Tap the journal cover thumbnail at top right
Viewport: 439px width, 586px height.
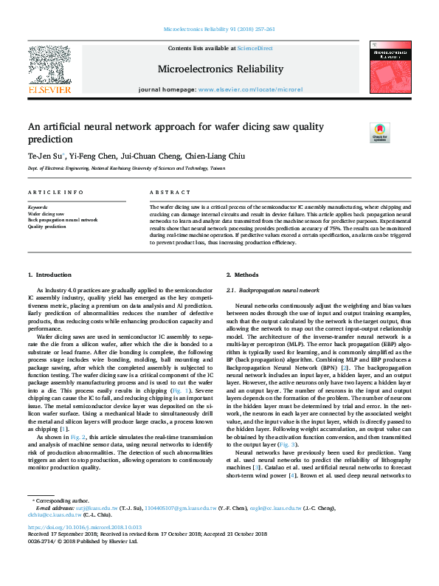[x=390, y=66]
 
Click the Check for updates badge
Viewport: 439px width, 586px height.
[x=379, y=132]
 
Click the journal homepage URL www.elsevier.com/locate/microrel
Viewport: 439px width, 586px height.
[x=251, y=89]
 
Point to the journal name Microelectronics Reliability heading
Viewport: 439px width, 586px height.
[x=220, y=69]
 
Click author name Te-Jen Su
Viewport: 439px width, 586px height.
[x=46, y=156]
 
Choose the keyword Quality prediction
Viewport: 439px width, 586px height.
[x=47, y=227]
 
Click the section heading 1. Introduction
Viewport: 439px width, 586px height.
[x=50, y=275]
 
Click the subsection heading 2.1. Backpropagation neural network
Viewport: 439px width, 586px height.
[x=272, y=290]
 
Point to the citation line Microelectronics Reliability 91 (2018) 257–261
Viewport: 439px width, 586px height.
[x=219, y=30]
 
